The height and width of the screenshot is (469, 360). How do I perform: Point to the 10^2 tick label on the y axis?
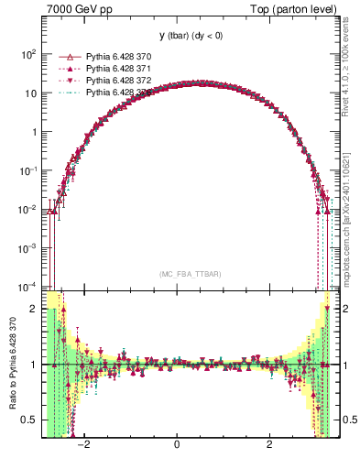tap(27, 54)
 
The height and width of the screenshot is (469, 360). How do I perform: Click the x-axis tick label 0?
tap(177, 445)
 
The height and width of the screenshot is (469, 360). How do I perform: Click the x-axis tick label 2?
tap(269, 445)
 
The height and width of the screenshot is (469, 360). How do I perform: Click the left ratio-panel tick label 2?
tap(34, 309)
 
